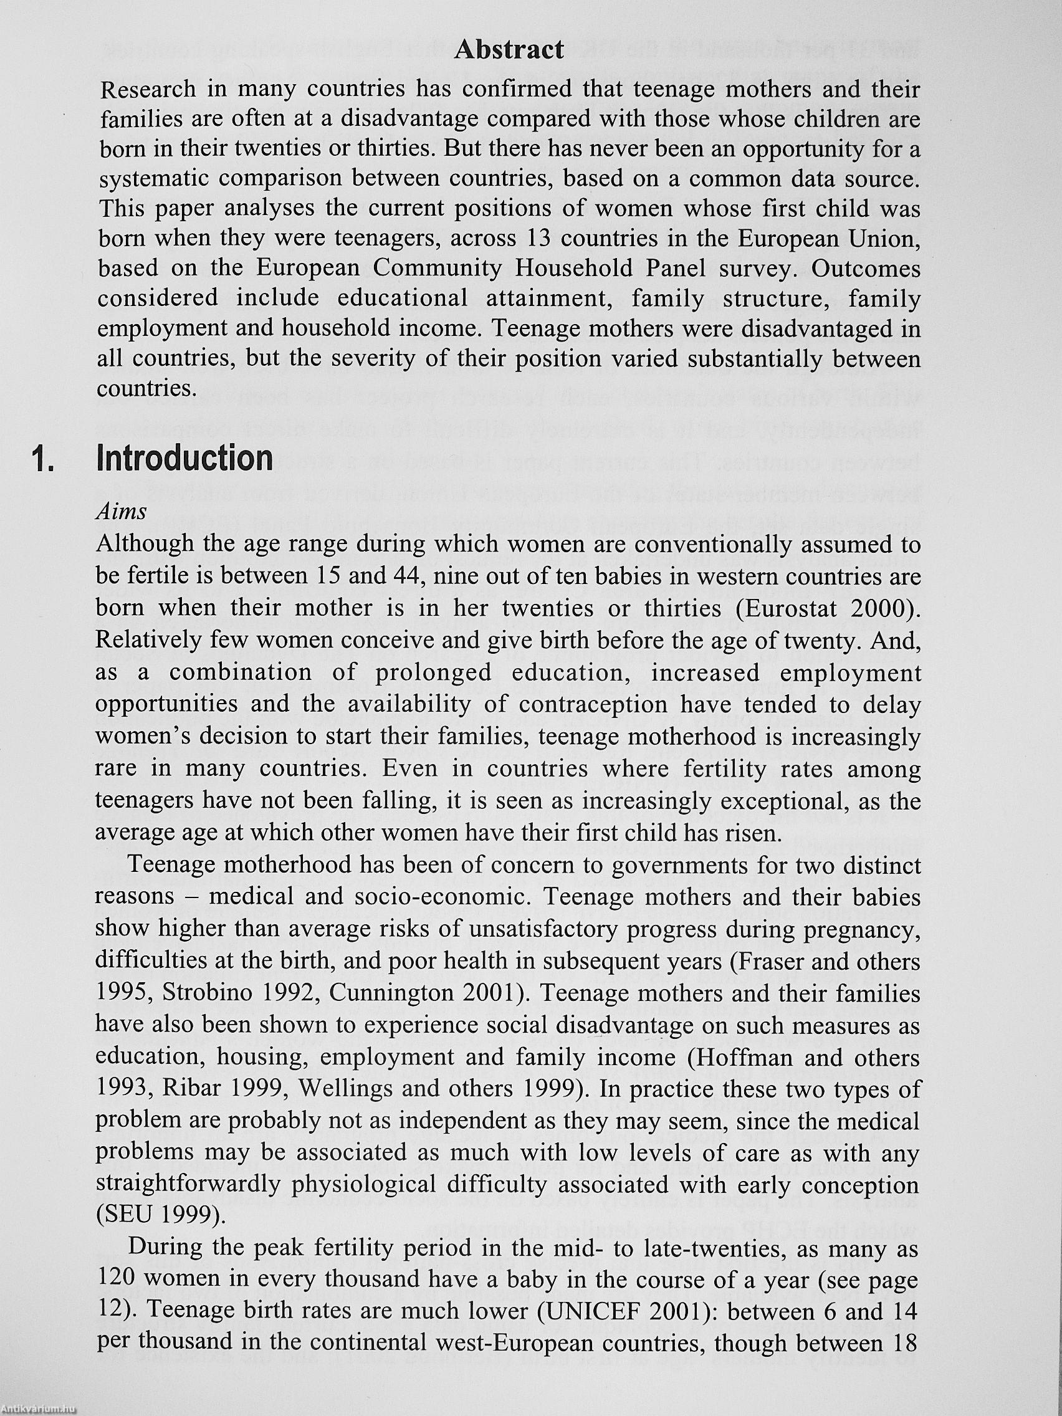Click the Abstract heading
(509, 50)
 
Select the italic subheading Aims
(121, 512)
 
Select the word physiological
(363, 1185)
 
